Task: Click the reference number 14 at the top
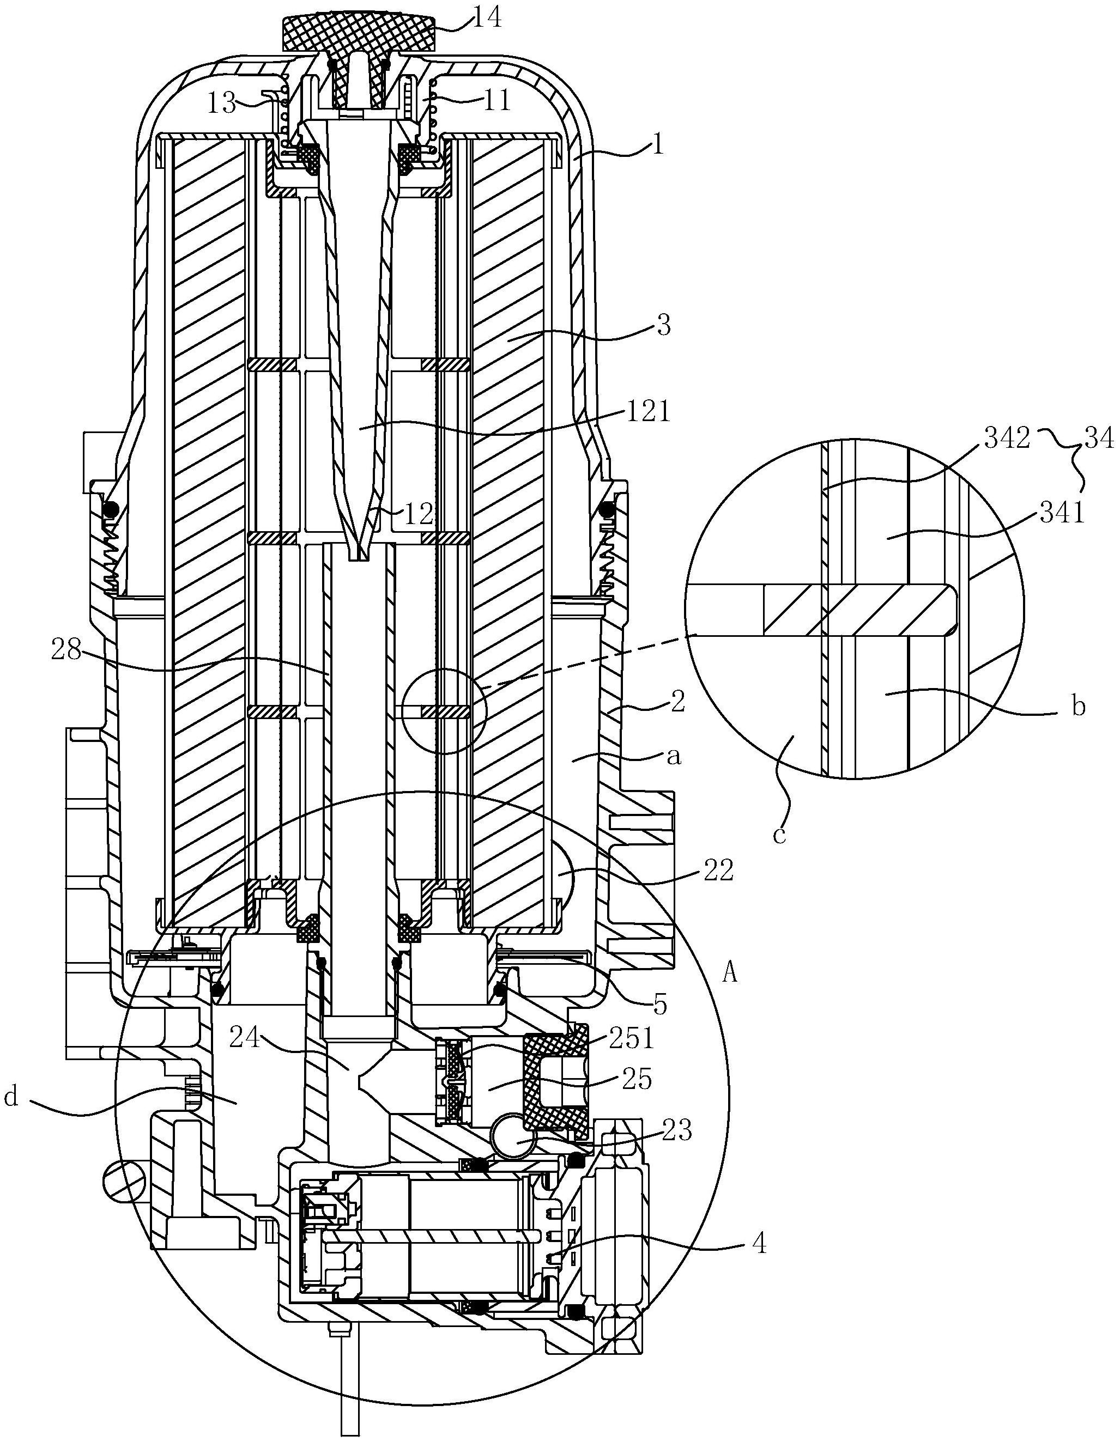[x=487, y=18]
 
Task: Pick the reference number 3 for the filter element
[x=663, y=326]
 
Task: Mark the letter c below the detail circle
[x=780, y=835]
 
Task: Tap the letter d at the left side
[x=11, y=1097]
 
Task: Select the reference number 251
[x=632, y=1038]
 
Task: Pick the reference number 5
[x=661, y=1004]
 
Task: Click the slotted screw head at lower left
[x=123, y=1181]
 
